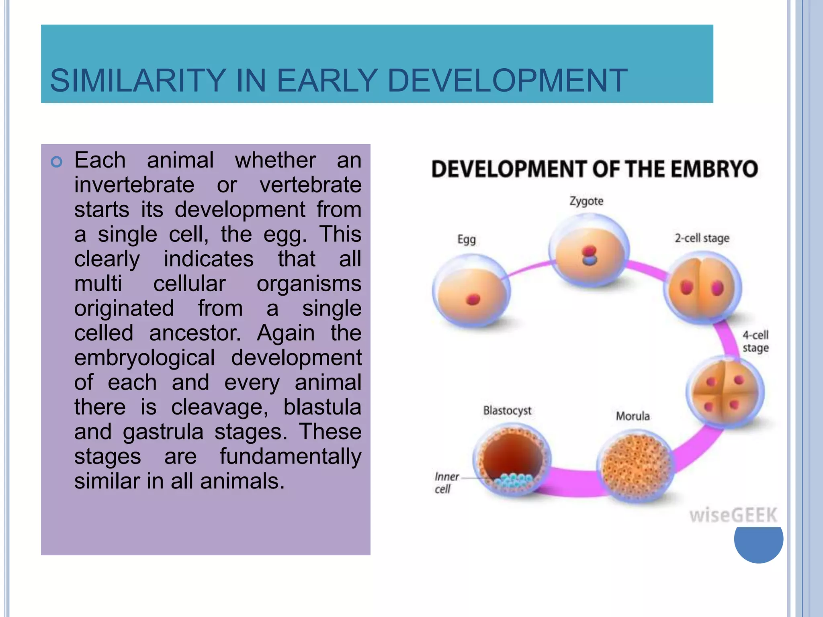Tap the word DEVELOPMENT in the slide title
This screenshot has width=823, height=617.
point(507,80)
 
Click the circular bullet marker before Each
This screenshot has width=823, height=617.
point(57,162)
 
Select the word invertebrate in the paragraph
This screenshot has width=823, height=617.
point(134,185)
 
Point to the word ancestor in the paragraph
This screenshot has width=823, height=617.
point(195,333)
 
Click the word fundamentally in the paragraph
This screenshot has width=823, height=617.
point(290,457)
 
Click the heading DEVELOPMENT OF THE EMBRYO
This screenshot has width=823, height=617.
point(594,169)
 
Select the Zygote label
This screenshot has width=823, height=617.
point(586,201)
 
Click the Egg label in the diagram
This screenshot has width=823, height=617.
point(467,239)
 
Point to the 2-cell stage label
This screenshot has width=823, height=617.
point(702,238)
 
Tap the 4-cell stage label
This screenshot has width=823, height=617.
point(755,341)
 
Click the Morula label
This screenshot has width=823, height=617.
point(633,416)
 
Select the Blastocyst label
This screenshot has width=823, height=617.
point(507,411)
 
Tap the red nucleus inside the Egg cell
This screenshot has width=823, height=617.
point(473,299)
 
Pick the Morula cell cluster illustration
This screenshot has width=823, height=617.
point(634,466)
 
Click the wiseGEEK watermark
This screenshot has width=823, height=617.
point(733,515)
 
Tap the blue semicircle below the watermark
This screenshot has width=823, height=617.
point(758,544)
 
